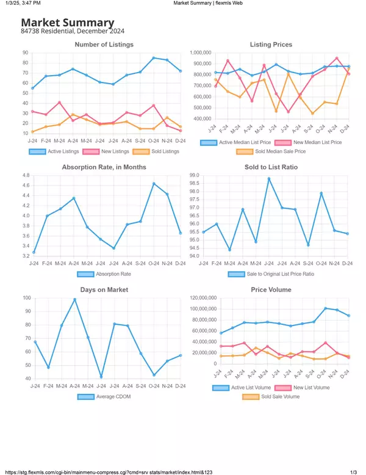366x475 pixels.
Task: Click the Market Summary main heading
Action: [x=68, y=23]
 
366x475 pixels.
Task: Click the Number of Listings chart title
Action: [x=104, y=45]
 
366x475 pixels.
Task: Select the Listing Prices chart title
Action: [x=271, y=45]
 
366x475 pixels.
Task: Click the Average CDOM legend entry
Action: [x=104, y=396]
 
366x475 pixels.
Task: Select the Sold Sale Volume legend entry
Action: [x=271, y=396]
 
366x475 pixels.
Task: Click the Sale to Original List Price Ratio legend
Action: [x=271, y=274]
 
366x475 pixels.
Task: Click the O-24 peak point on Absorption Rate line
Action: [x=154, y=183]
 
